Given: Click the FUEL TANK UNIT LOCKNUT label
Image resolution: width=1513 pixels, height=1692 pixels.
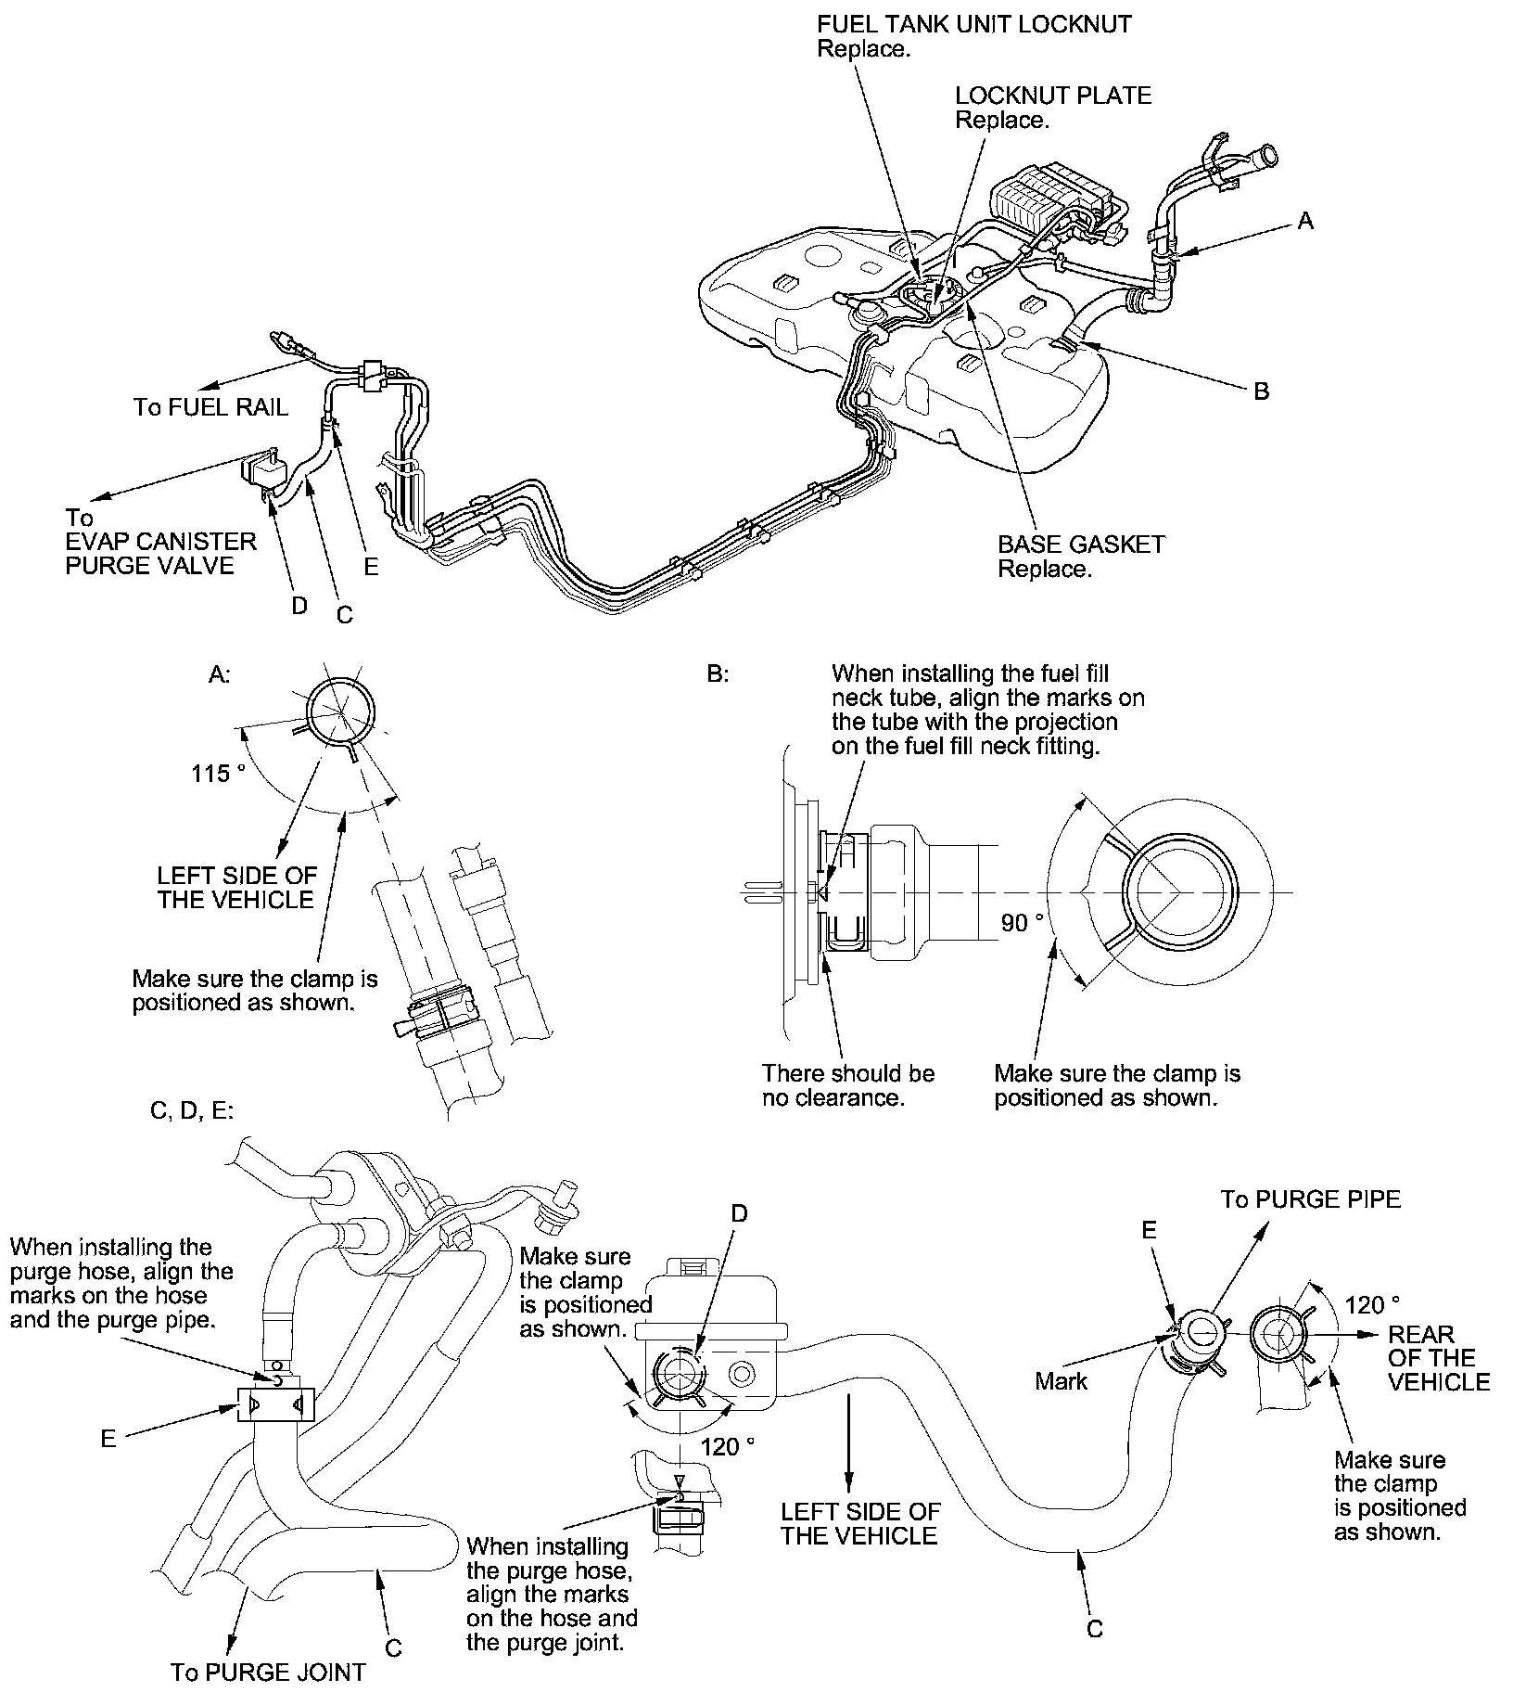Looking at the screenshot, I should coord(973,24).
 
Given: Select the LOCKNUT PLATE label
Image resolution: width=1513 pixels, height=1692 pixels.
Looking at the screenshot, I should coord(1053,96).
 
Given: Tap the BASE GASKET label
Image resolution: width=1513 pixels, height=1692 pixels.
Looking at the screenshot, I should coord(1081,545).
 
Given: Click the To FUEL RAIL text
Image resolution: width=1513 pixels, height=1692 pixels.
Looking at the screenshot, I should coord(210,406).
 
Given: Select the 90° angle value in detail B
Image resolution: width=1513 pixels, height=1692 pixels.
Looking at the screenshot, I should coord(1023,922).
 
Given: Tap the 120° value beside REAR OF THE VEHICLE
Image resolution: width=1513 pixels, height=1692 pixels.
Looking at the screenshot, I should coord(1372,1305).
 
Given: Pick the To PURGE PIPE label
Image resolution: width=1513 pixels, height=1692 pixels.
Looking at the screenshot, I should coord(1310,1199).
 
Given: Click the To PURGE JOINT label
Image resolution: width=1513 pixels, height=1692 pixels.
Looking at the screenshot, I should coord(268,1672).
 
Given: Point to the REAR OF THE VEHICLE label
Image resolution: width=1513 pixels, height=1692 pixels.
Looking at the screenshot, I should coord(1438,1358).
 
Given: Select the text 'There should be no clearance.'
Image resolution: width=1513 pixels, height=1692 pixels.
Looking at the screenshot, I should coord(848,1085).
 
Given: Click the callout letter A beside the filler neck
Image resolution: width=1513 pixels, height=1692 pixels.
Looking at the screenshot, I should coord(1305,221).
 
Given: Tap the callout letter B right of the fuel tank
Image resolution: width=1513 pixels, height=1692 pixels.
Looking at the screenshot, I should coord(1261,391).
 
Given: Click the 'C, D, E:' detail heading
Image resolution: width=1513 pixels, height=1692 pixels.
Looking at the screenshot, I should coord(192,1110).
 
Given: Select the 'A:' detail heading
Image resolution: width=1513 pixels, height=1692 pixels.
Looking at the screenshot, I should coord(219,675).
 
